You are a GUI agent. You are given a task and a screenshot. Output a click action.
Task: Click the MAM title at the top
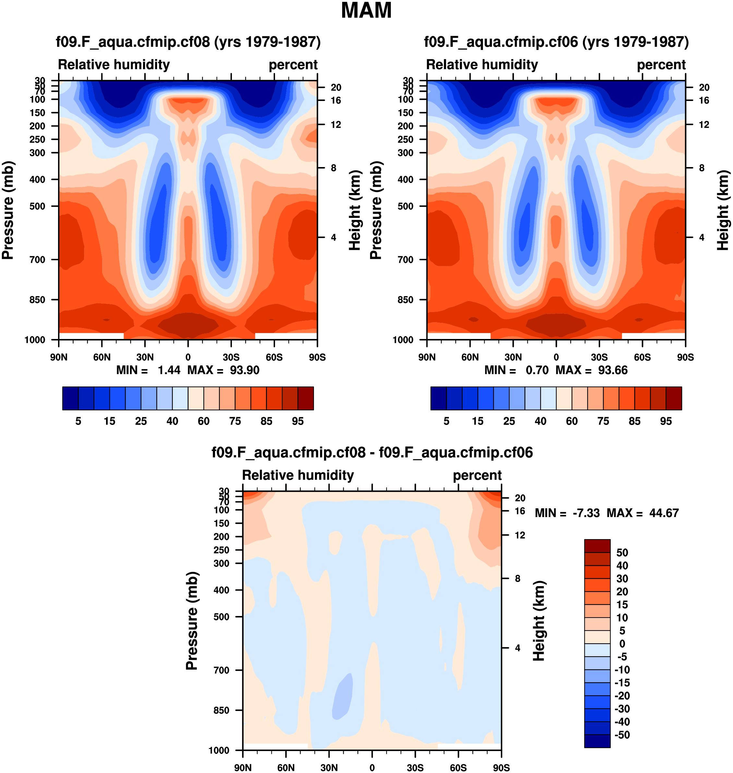pos(366,11)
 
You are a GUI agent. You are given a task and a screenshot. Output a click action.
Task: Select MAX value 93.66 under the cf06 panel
pos(613,370)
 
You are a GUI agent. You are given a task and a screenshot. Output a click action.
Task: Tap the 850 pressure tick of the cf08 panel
pos(38,300)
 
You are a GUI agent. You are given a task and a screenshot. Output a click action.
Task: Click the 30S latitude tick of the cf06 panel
pos(599,357)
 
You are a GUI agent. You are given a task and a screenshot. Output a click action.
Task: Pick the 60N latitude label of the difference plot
pos(286,767)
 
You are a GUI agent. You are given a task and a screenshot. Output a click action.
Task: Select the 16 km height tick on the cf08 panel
pos(336,101)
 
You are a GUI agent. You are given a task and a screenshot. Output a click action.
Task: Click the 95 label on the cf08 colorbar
pos(298,421)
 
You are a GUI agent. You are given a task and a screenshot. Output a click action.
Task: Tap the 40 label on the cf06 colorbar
pos(540,421)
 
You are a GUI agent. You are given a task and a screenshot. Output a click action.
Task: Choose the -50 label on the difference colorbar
pos(622,735)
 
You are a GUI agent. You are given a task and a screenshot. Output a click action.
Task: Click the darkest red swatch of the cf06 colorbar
pos(674,398)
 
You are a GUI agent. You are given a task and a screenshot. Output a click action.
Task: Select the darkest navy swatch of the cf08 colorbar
pos(70,398)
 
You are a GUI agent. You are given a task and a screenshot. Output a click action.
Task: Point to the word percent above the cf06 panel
pos(661,65)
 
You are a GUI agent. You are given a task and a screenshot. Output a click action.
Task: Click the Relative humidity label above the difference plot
pos(298,475)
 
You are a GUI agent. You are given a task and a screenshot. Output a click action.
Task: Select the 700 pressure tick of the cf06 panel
pos(405,260)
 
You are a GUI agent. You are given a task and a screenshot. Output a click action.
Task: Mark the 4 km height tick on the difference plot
pos(517,648)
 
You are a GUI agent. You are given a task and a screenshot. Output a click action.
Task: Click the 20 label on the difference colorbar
pos(622,592)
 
